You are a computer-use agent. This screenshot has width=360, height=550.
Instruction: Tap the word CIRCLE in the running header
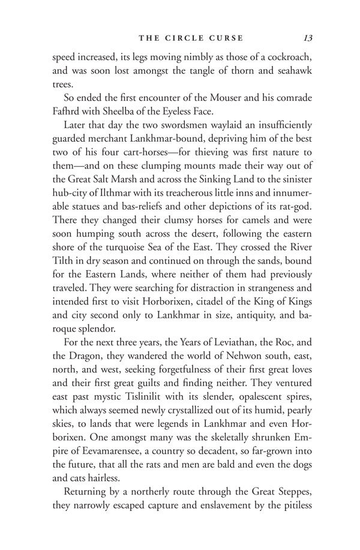click(x=185, y=38)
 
